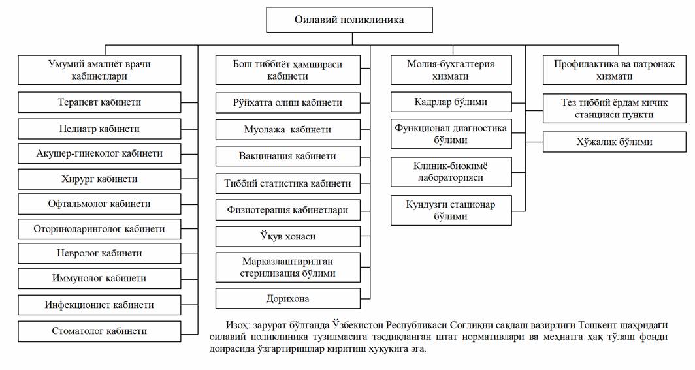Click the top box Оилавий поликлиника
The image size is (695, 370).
click(x=349, y=20)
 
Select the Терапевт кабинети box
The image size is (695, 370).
click(x=99, y=102)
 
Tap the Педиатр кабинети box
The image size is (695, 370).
click(x=99, y=129)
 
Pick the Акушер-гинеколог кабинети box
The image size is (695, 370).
click(x=99, y=153)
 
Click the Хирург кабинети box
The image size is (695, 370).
click(x=99, y=179)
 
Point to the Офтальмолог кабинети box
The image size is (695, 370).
click(x=99, y=204)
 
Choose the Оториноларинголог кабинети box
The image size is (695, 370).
click(x=99, y=229)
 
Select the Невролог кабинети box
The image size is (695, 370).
click(x=99, y=253)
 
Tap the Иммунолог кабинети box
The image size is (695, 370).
click(x=99, y=278)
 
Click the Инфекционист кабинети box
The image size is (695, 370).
click(x=99, y=305)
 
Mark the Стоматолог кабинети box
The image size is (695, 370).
click(x=99, y=331)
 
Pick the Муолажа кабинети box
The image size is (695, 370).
click(x=287, y=130)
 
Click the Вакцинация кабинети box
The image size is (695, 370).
click(x=287, y=156)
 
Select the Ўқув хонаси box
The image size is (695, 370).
click(x=287, y=236)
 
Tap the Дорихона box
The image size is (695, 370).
click(x=287, y=299)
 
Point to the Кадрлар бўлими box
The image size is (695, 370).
click(x=451, y=102)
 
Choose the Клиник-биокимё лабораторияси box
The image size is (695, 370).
click(x=451, y=171)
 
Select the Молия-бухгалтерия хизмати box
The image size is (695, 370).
click(x=451, y=70)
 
